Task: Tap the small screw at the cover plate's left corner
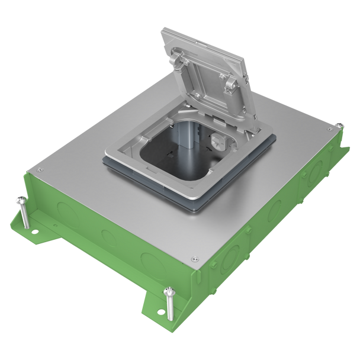[39, 169]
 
